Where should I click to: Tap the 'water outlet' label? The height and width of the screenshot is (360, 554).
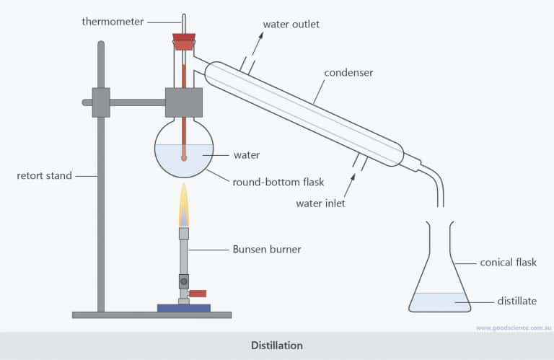(x=291, y=25)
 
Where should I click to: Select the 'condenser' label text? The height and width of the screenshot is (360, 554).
(x=348, y=73)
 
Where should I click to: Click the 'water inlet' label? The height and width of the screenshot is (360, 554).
(x=320, y=203)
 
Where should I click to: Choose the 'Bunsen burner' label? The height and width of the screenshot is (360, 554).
(x=267, y=250)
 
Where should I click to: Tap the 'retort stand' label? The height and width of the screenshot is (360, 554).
(x=45, y=175)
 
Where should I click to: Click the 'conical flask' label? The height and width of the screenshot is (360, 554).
(x=508, y=263)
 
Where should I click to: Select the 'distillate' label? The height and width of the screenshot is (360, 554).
(x=516, y=301)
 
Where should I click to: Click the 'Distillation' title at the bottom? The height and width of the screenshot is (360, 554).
(x=277, y=346)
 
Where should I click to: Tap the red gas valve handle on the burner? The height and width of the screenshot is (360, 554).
(x=197, y=293)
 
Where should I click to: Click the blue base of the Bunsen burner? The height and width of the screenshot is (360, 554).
(x=184, y=308)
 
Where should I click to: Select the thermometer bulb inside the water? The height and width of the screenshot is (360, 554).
(x=184, y=157)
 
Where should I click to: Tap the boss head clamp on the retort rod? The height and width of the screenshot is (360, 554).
(x=100, y=102)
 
